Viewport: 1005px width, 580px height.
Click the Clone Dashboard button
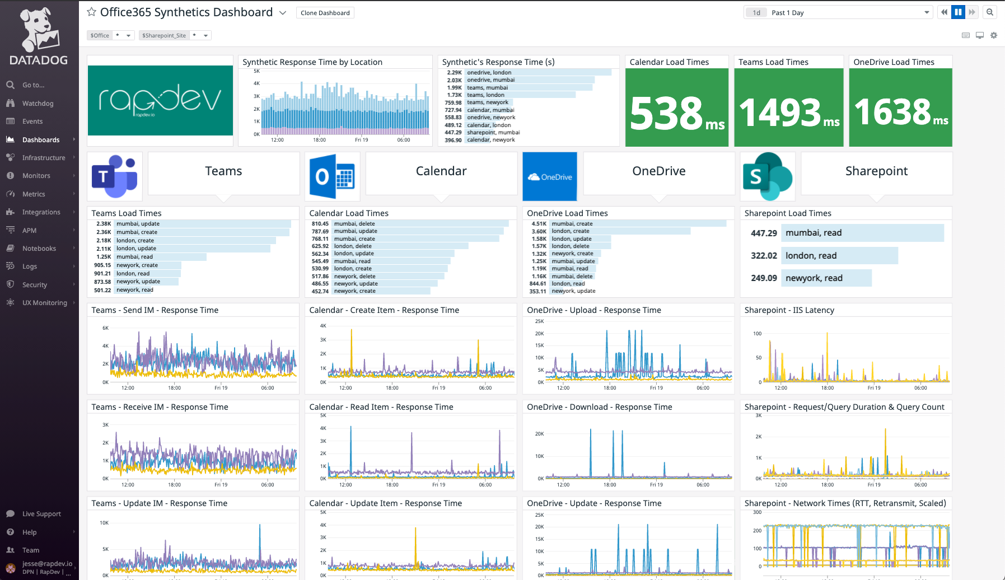tap(325, 13)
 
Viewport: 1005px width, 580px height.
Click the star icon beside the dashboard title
tap(92, 12)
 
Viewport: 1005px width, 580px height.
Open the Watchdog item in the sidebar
tap(38, 104)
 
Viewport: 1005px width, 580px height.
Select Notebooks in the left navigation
tap(39, 249)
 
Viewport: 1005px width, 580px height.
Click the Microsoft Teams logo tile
tap(115, 176)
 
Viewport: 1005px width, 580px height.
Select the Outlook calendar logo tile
tap(332, 176)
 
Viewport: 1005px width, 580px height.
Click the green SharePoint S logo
tap(767, 176)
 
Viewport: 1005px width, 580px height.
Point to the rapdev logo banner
tap(160, 101)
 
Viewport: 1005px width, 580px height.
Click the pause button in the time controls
tap(958, 12)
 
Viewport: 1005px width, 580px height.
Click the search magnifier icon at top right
tap(990, 12)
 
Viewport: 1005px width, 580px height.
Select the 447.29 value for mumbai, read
tap(764, 233)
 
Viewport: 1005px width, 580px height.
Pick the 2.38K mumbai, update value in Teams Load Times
tap(104, 224)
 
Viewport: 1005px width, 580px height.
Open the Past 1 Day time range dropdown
tap(838, 13)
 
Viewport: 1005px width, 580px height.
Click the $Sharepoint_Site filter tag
tap(164, 35)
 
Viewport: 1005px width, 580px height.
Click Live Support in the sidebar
tap(41, 514)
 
